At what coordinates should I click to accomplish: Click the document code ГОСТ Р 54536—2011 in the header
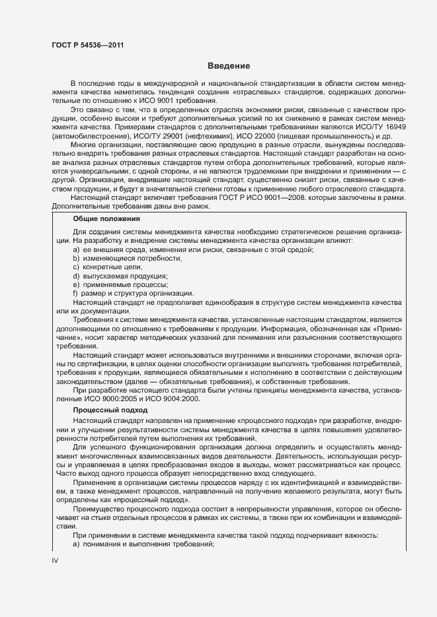(87, 46)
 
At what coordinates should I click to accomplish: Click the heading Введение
(228, 66)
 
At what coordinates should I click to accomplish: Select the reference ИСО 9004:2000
(175, 399)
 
